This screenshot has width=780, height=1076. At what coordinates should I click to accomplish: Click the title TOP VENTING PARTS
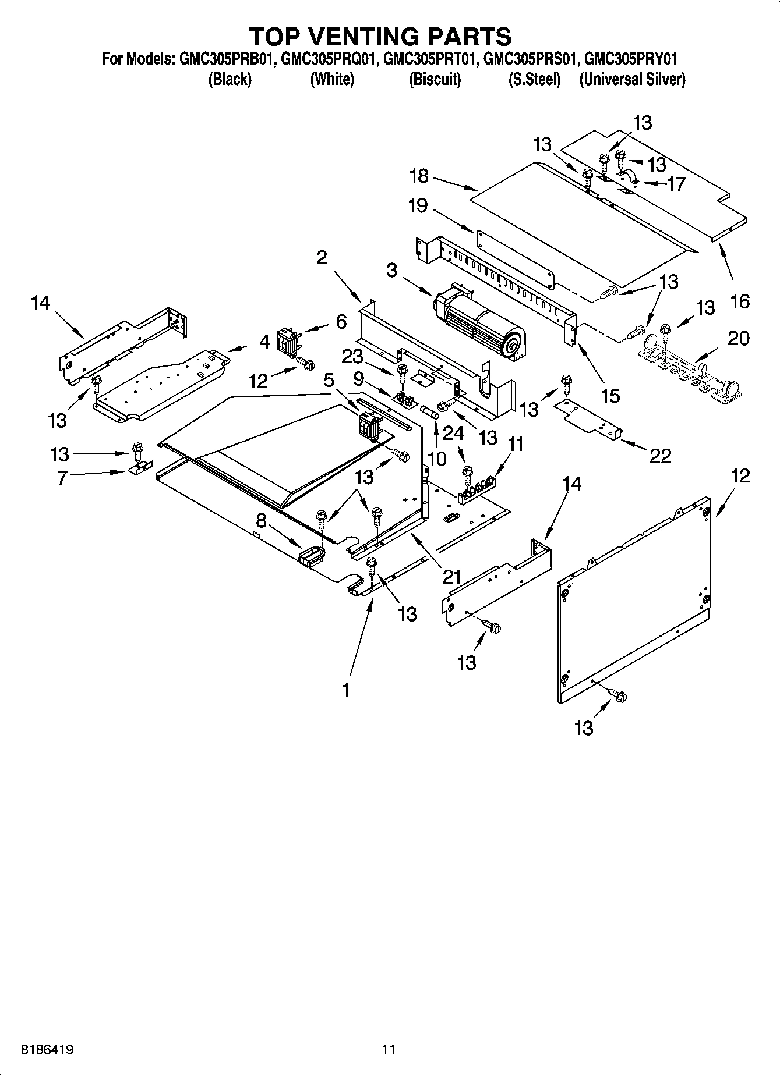pyautogui.click(x=380, y=36)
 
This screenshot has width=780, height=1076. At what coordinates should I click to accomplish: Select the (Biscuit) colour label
pyautogui.click(x=435, y=80)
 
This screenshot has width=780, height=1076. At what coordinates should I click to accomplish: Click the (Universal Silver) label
pyautogui.click(x=632, y=80)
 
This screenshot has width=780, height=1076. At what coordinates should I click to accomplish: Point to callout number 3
pyautogui.click(x=392, y=271)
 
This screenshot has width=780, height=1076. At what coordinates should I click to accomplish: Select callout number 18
pyautogui.click(x=419, y=176)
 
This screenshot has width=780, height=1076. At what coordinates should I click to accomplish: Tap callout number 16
pyautogui.click(x=740, y=301)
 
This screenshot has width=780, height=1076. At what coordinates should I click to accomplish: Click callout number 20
pyautogui.click(x=739, y=338)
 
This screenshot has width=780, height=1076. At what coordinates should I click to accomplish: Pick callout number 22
pyautogui.click(x=660, y=455)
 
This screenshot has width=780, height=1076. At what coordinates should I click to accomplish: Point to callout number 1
pyautogui.click(x=345, y=690)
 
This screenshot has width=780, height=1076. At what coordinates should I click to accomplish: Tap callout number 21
pyautogui.click(x=451, y=577)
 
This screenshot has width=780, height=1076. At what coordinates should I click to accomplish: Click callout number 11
pyautogui.click(x=516, y=445)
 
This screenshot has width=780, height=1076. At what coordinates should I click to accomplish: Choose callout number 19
pyautogui.click(x=418, y=205)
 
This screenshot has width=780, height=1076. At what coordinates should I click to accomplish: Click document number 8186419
pyautogui.click(x=47, y=1050)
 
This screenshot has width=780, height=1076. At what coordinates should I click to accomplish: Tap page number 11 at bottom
pyautogui.click(x=389, y=1050)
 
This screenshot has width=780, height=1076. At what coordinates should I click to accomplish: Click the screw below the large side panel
pyautogui.click(x=617, y=695)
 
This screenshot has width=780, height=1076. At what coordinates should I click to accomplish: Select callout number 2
pyautogui.click(x=322, y=257)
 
